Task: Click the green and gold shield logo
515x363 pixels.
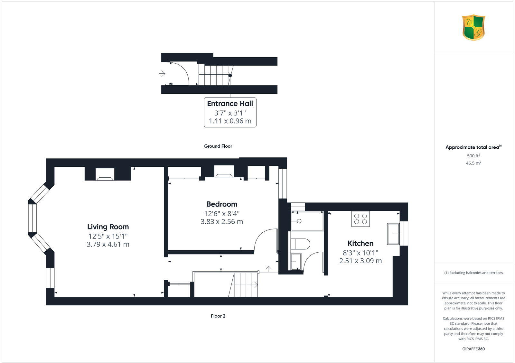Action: coord(473,28)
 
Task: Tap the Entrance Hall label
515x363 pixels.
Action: coord(230,104)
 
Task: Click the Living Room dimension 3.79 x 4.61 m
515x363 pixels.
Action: coord(108,244)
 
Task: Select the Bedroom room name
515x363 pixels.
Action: coord(222,204)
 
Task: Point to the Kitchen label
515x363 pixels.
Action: coord(360,243)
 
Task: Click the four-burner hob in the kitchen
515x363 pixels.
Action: coord(360,219)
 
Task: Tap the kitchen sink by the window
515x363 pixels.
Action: coord(393,234)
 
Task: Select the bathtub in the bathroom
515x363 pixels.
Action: coord(307,221)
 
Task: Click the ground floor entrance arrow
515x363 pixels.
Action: coord(162,74)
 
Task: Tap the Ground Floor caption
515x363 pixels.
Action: coord(218,146)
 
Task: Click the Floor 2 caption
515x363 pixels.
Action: coord(218,316)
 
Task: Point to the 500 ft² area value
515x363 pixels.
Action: coord(473,156)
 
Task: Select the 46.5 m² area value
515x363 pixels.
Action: coord(473,163)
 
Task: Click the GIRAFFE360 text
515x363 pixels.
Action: coord(473,349)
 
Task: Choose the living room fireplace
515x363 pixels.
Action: coord(105,174)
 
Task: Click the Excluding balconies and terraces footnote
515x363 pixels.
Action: coord(473,273)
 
